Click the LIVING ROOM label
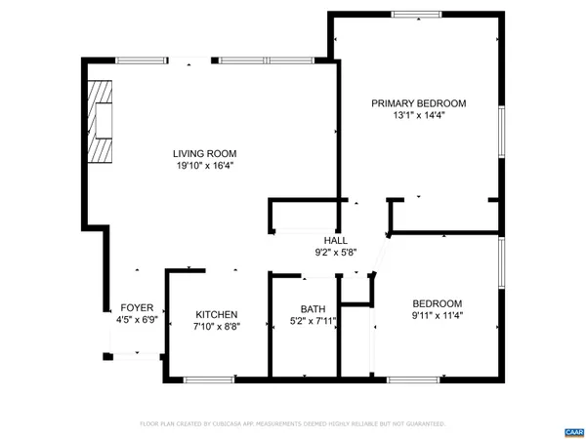click(x=204, y=153)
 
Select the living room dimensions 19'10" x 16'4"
click(x=204, y=166)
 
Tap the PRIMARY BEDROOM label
click(x=418, y=103)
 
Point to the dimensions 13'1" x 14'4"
click(x=418, y=116)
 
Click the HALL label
click(x=335, y=240)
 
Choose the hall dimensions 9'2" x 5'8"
click(x=335, y=253)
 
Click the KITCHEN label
click(x=217, y=314)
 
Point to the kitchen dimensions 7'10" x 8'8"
click(x=217, y=327)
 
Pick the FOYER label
click(x=137, y=307)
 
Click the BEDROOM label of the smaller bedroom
click(x=437, y=303)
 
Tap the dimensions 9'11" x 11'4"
click(x=437, y=316)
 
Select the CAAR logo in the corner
click(x=573, y=431)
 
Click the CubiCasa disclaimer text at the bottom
click(x=293, y=424)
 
